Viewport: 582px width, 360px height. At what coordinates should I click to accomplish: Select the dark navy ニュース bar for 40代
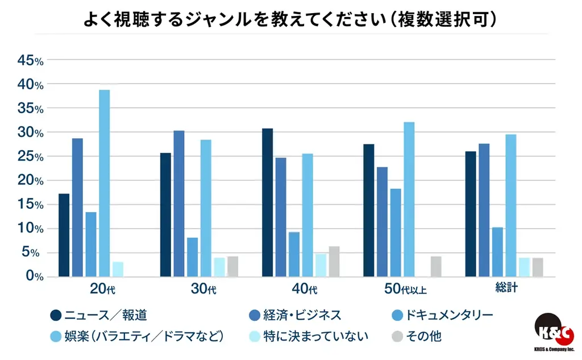[x=267, y=202]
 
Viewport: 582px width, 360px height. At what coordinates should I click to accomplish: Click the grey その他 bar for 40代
[x=334, y=262]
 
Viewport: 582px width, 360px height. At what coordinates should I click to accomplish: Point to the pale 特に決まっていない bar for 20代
[x=118, y=269]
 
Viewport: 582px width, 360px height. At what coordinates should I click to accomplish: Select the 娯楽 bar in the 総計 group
[x=511, y=205]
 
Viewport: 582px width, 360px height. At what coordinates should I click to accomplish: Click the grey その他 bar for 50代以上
[x=436, y=267]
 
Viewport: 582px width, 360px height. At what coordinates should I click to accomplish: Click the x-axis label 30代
[x=203, y=289]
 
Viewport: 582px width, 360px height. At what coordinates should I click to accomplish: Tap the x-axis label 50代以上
[x=405, y=289]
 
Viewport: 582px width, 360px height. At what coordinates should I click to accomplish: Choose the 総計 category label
[x=505, y=289]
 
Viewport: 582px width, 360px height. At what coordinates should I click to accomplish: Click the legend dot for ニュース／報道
[x=56, y=315]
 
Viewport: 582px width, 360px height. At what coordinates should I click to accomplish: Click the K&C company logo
[x=554, y=333]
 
